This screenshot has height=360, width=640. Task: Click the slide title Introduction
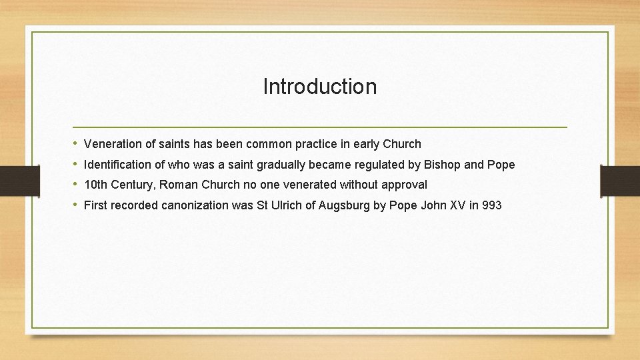click(x=319, y=87)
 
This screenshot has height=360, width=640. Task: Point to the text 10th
click(x=96, y=185)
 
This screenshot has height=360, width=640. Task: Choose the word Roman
click(x=179, y=185)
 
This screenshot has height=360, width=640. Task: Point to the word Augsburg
click(x=344, y=205)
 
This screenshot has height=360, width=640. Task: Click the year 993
click(x=491, y=205)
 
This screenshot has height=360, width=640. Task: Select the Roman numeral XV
click(x=457, y=205)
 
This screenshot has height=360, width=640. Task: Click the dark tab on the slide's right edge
click(x=619, y=179)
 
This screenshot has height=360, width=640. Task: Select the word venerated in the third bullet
click(x=310, y=185)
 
